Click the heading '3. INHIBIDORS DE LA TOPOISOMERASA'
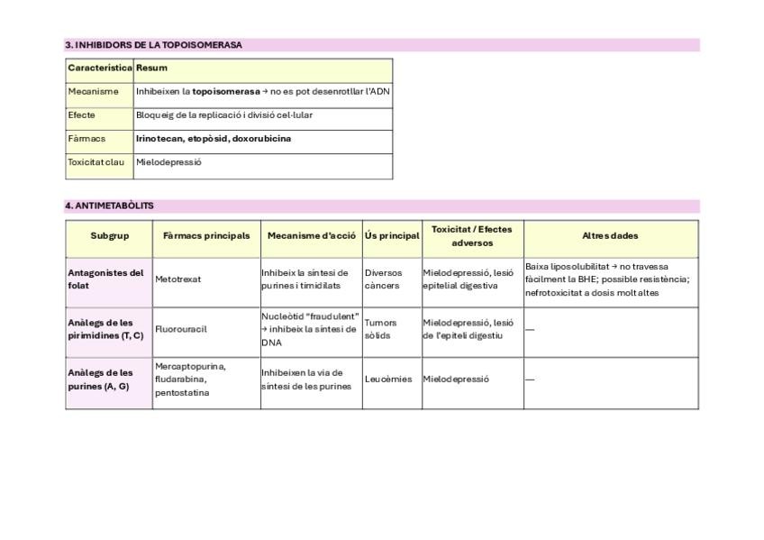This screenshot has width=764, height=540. coord(154,44)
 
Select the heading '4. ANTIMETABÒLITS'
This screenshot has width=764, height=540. coord(109,206)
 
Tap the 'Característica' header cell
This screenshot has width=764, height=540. coord(100,68)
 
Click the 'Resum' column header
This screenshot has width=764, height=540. coord(152,68)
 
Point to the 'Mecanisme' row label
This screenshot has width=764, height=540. coord(93,91)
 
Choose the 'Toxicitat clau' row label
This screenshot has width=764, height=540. coord(96,162)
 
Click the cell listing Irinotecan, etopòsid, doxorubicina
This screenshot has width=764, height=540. coord(214,139)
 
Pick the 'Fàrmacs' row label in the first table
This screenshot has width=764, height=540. coord(86,139)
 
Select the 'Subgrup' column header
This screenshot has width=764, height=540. coord(109,236)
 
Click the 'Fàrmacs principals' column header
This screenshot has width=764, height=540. coord(206,236)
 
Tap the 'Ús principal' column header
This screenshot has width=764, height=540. coord(392,236)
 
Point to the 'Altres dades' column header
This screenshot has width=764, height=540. coord(610,236)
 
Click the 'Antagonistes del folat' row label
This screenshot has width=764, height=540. coord(106,279)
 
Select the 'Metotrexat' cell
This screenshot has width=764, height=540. coord(178,279)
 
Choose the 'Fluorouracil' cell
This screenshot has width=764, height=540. coord(181,329)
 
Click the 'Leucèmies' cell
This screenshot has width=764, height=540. coord(388,380)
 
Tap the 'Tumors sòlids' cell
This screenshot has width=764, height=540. coord(380,329)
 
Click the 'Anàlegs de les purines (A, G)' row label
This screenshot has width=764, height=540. coord(101,380)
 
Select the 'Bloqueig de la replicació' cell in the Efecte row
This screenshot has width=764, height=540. coord(224,115)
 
